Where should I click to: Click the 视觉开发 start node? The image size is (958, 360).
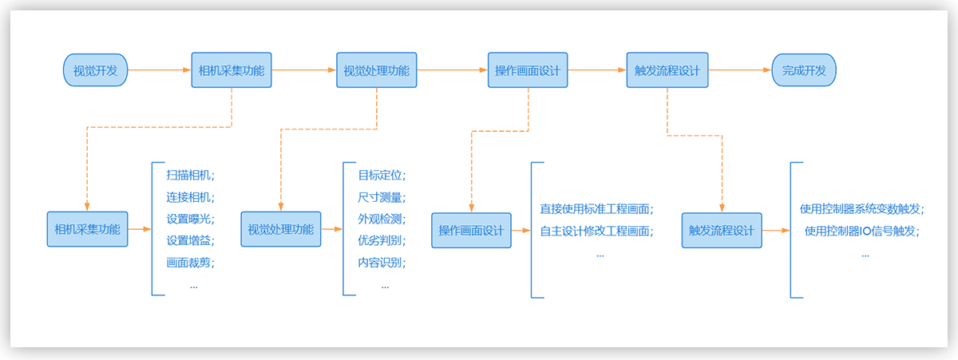coord(95,70)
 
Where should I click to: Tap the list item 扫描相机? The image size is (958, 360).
coord(191,175)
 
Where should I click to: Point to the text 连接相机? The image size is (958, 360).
coord(191,196)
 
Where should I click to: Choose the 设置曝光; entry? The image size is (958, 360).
coord(191,218)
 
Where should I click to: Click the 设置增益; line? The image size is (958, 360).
coord(191,239)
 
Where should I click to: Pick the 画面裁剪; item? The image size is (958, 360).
coord(191,261)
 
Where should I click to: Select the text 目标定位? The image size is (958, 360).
coord(382,175)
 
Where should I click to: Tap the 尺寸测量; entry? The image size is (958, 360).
coord(382,196)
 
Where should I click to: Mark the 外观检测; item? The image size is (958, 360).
coord(382,218)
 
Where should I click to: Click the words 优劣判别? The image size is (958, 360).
coord(382,239)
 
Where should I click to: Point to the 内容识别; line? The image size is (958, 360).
coord(382,261)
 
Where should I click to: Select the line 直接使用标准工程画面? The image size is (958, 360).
coord(596,209)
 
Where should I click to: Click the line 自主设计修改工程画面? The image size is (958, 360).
coord(596,231)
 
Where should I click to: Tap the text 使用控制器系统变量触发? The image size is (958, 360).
coord(861,209)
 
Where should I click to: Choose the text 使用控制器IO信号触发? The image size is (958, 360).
coord(861,231)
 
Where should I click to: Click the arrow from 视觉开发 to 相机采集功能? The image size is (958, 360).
coord(159,70)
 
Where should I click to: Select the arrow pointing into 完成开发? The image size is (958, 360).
coord(739,70)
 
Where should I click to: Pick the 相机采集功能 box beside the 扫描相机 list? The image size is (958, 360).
coord(87,229)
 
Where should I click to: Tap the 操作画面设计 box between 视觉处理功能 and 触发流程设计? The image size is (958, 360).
coord(528,70)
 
